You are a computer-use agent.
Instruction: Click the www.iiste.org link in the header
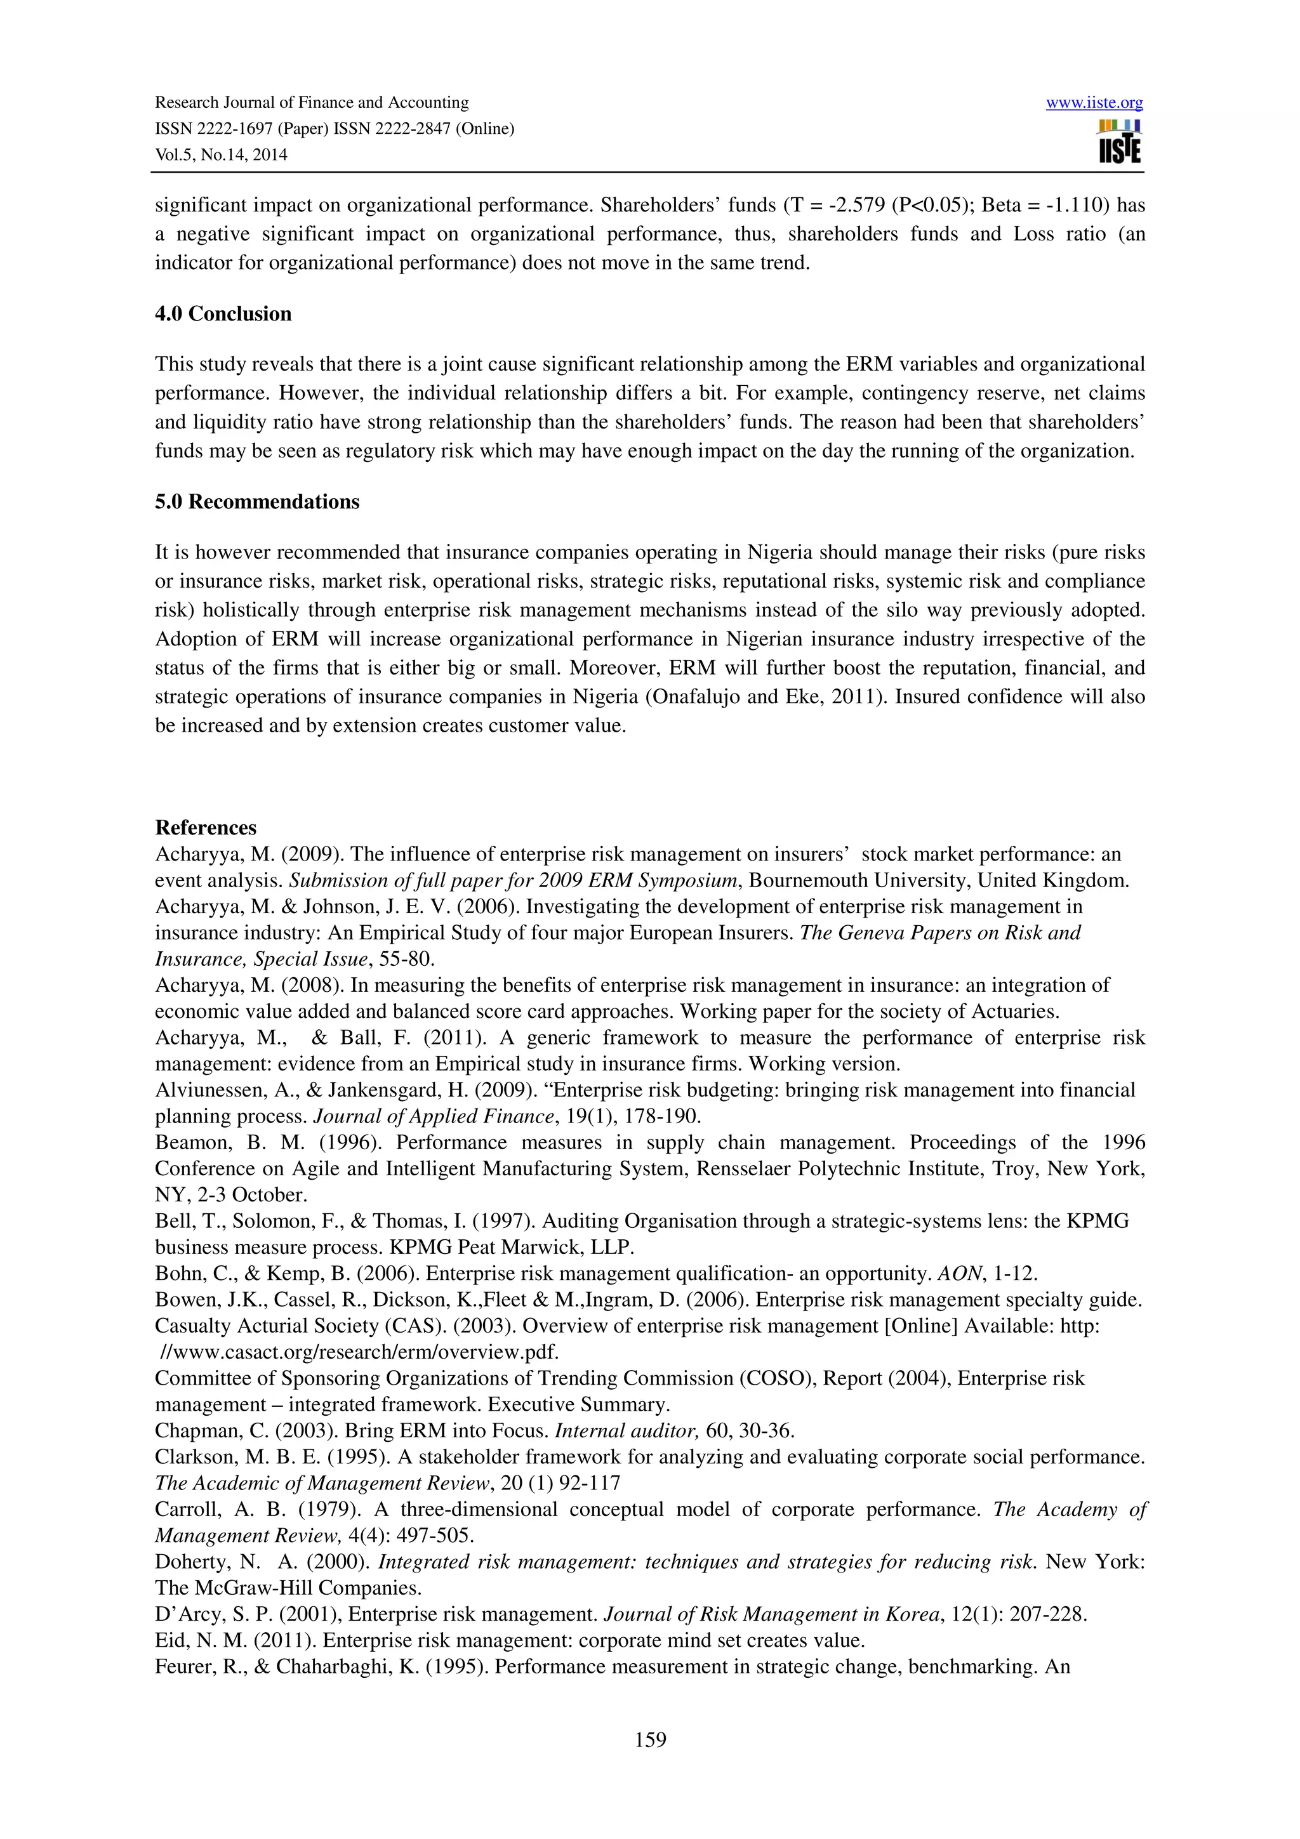click(x=1094, y=103)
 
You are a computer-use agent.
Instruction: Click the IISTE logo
click(x=1120, y=142)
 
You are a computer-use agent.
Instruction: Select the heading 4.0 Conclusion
click(x=223, y=313)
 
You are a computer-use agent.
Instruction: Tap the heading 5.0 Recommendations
click(x=257, y=501)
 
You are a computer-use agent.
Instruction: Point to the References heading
click(x=206, y=827)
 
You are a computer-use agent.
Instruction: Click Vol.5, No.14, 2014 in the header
click(x=221, y=155)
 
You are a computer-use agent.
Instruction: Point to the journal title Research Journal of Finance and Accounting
click(x=312, y=103)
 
